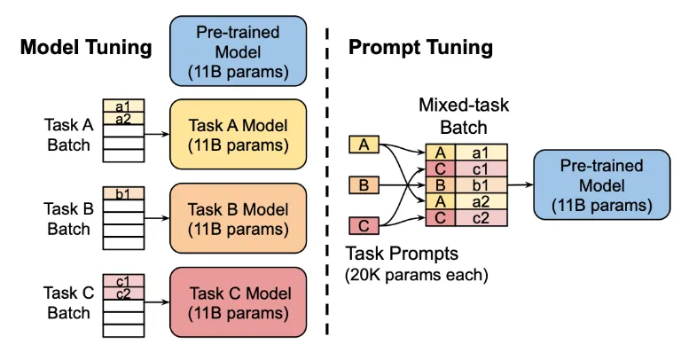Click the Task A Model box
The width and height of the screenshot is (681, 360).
pos(238,134)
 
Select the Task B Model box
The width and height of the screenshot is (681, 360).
pos(238,218)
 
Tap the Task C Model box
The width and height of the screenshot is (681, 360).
pos(238,302)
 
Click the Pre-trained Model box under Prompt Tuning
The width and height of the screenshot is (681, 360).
pos(601,184)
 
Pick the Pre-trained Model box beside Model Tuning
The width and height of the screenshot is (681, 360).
pos(238,51)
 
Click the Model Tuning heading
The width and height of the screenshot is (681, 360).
pos(86,47)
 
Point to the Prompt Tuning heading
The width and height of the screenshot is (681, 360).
pos(420,47)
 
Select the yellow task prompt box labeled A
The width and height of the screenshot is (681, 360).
pos(364,145)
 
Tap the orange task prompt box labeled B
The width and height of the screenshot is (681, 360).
pos(364,185)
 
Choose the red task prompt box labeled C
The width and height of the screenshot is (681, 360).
pos(364,226)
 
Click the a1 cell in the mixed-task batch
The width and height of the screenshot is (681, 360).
pos(481,153)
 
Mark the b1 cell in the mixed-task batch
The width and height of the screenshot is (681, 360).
pos(481,185)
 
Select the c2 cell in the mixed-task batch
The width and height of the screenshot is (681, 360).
pos(481,218)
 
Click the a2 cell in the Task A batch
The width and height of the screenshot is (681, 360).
pos(123,119)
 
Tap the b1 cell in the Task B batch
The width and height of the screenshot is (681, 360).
pos(123,193)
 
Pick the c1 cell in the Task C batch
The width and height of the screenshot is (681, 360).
pos(123,281)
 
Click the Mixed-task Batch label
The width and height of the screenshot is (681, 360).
pos(464,116)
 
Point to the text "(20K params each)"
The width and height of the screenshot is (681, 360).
pos(417,275)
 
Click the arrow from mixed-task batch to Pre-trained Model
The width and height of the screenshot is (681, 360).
pos(521,185)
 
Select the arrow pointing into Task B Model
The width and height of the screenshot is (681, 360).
pos(157,218)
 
